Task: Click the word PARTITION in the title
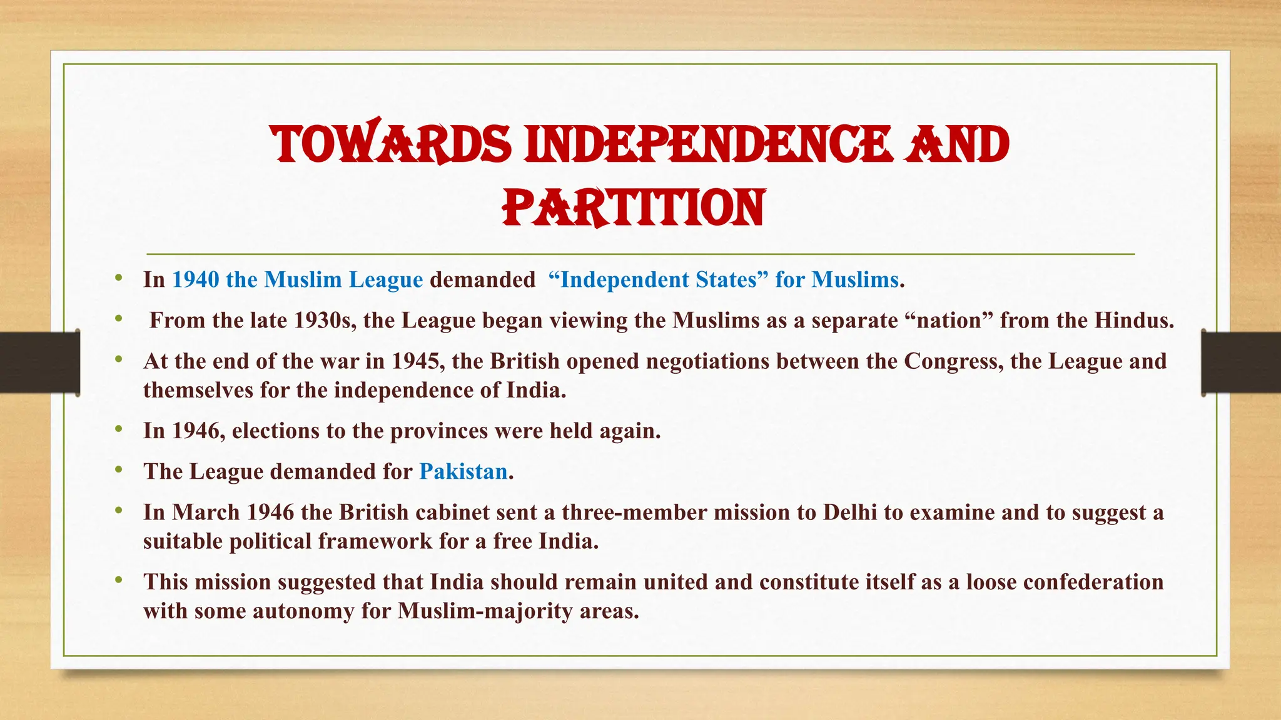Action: [634, 207]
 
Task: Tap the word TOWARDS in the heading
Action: [391, 144]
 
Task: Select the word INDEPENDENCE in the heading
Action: [707, 144]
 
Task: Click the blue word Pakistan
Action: [463, 471]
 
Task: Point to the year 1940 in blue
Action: [196, 279]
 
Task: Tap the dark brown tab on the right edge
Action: [1241, 362]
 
